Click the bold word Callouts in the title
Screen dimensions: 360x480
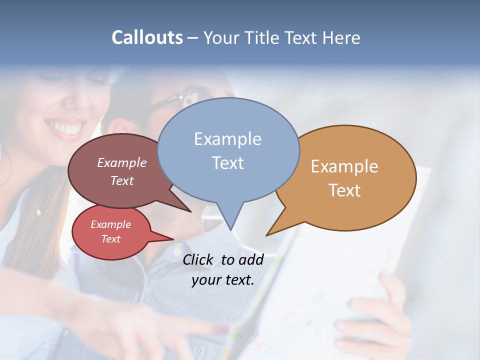pyautogui.click(x=147, y=37)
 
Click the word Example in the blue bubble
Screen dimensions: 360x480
pyautogui.click(x=227, y=139)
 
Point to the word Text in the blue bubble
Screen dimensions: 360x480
pyautogui.click(x=228, y=162)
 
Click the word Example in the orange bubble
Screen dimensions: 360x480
pyautogui.click(x=344, y=166)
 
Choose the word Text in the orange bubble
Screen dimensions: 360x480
pyautogui.click(x=345, y=190)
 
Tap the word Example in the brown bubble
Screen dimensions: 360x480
pyautogui.click(x=122, y=162)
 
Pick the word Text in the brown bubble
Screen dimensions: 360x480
pyautogui.click(x=122, y=180)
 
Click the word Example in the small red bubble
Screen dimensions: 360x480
pyautogui.click(x=110, y=224)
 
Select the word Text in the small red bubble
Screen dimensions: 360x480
pyautogui.click(x=111, y=239)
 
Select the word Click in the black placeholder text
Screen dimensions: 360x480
pyautogui.click(x=198, y=259)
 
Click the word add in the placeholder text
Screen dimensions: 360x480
pyautogui.click(x=251, y=259)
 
